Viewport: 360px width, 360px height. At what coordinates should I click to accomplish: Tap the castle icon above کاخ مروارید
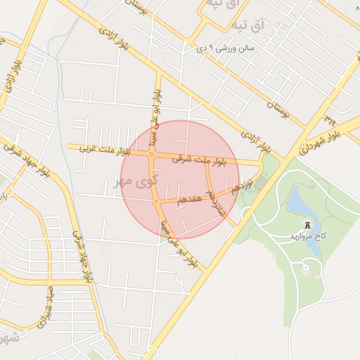(307, 225)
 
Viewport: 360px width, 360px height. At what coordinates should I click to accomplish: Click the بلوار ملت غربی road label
(99, 149)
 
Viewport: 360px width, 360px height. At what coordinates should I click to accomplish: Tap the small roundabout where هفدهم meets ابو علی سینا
(156, 202)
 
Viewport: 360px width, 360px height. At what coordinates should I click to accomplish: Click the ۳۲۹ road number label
(330, 115)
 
